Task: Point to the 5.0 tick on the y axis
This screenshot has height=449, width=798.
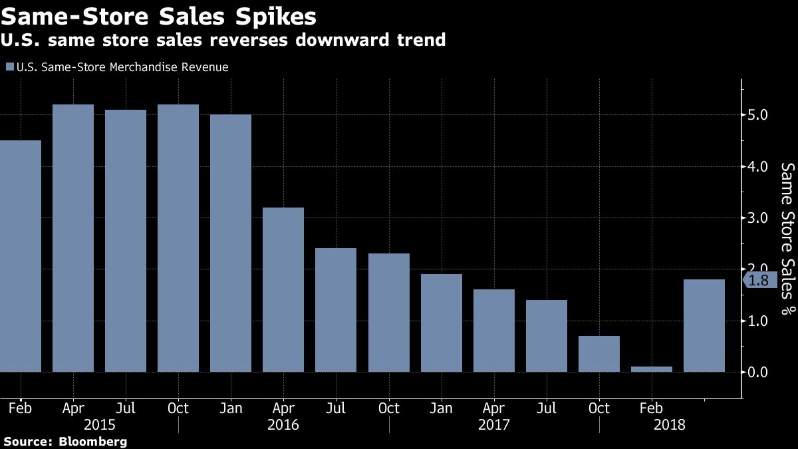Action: (758, 115)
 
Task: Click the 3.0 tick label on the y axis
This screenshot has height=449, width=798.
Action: (758, 218)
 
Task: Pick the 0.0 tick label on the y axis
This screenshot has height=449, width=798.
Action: (758, 373)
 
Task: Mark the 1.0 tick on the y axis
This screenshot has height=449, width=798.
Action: (758, 321)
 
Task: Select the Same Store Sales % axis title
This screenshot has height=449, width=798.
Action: (787, 237)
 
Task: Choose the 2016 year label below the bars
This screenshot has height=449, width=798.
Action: (283, 424)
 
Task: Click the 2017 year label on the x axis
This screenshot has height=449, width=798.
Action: (493, 424)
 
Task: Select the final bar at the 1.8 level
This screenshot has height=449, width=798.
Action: (704, 326)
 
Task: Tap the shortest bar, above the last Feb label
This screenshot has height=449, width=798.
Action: (652, 369)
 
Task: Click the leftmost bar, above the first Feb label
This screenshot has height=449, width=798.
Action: (20, 256)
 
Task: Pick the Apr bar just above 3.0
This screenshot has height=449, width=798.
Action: (283, 289)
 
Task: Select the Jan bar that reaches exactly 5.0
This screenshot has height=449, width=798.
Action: (231, 243)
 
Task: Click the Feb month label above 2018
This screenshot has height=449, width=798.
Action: (652, 408)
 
